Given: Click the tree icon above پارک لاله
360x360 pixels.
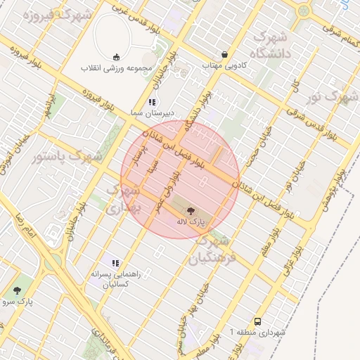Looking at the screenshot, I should coord(191,210).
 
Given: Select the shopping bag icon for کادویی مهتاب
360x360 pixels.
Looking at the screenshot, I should coord(224,54).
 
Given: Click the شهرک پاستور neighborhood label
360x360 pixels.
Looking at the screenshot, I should coord(67,157).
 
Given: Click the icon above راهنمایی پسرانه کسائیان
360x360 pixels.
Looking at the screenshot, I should coord(115,263).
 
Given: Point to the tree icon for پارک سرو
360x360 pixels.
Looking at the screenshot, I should coord(17,290).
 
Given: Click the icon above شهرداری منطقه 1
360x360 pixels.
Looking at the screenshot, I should coord(257,320).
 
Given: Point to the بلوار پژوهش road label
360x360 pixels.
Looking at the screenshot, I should coord(331,195).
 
